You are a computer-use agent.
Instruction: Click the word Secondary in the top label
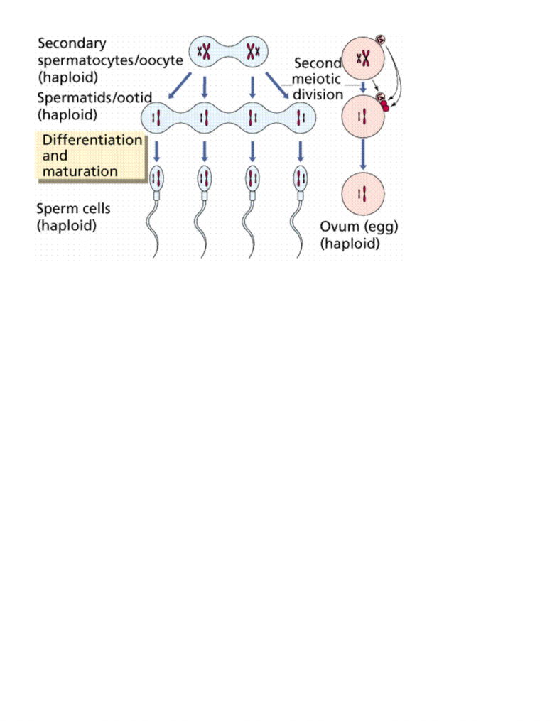tap(72, 43)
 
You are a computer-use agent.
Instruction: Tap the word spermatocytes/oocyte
tap(110, 60)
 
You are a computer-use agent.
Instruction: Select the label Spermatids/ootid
tap(94, 97)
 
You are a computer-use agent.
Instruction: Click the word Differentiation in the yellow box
tap(92, 140)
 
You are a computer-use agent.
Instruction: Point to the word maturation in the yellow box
tap(80, 171)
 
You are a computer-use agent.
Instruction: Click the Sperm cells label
tap(74, 209)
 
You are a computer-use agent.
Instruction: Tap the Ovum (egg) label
tap(359, 227)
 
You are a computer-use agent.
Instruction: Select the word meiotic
tap(316, 79)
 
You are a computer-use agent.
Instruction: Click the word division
tap(318, 94)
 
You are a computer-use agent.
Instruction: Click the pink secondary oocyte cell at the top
tap(363, 58)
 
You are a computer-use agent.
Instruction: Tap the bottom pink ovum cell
tap(363, 194)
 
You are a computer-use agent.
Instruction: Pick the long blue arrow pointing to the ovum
tap(363, 154)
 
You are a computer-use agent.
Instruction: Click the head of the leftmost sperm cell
tap(156, 178)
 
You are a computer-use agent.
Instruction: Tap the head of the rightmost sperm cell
tap(301, 178)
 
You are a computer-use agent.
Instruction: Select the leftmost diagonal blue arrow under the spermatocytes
tap(179, 85)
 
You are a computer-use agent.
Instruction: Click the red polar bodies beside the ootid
tap(384, 106)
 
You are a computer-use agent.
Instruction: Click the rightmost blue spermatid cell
tap(301, 118)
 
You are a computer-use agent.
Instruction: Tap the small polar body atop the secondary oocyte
tap(381, 40)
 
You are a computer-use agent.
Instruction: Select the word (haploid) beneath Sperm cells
tap(67, 226)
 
